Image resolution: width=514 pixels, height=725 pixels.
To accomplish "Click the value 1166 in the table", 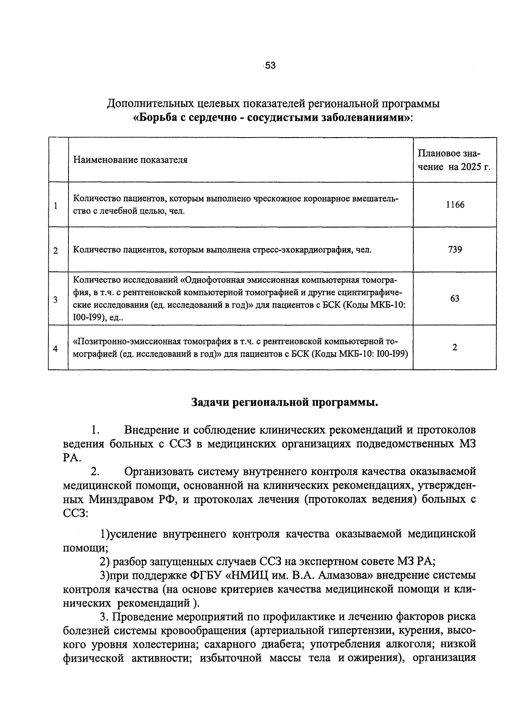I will pos(455,205).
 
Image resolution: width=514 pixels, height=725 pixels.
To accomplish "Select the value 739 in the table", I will pos(455,249).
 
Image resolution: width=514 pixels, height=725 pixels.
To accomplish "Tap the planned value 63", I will pos(455,298).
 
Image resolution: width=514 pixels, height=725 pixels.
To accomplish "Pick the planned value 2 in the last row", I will pos(455,348).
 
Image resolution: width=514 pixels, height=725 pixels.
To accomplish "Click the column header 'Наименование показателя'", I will pos(130,160).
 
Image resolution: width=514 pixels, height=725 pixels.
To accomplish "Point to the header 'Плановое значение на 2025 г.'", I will pos(454,160).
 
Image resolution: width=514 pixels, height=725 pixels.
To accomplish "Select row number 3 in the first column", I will pos(56,300).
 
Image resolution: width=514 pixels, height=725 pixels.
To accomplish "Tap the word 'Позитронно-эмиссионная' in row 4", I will pos(127,342).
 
